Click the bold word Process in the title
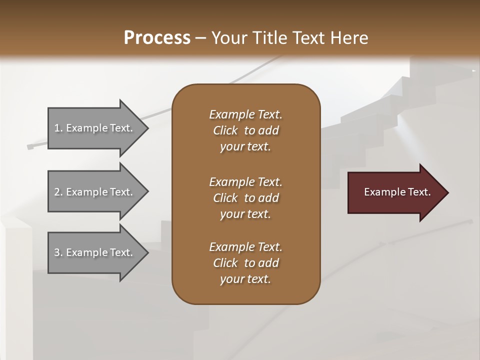(157, 37)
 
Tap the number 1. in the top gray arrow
(58, 128)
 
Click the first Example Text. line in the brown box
(245, 114)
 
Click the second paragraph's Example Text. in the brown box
(245, 181)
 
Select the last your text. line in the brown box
(245, 279)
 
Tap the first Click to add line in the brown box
(245, 130)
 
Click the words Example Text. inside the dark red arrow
(397, 192)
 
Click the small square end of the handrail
(29, 147)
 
